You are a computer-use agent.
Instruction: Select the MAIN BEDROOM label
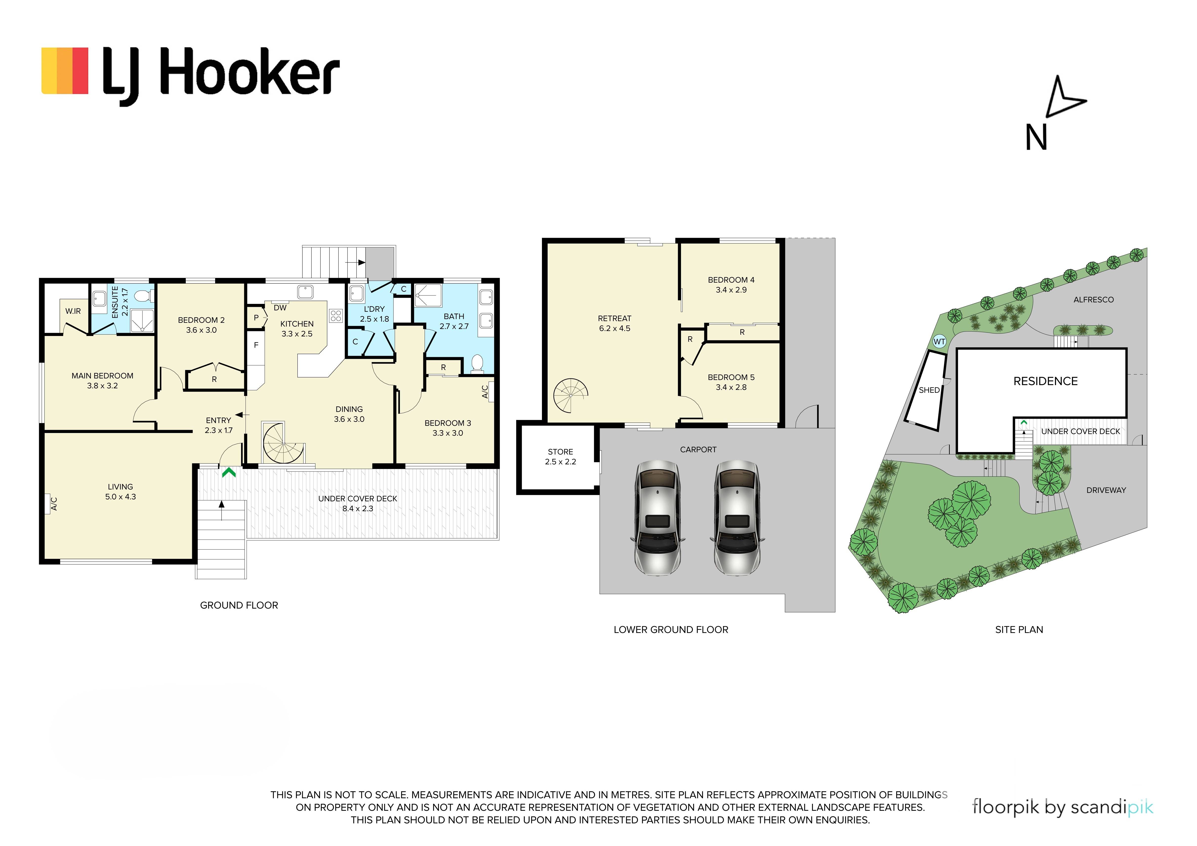pyautogui.click(x=102, y=375)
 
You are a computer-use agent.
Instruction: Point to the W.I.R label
pyautogui.click(x=73, y=311)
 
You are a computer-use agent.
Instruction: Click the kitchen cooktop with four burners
pyautogui.click(x=336, y=316)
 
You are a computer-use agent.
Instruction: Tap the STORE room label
pyautogui.click(x=560, y=452)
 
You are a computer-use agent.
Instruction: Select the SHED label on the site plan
pyautogui.click(x=929, y=390)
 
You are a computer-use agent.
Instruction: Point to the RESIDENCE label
pyautogui.click(x=1045, y=381)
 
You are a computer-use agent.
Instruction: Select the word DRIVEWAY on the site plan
pyautogui.click(x=1106, y=490)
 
